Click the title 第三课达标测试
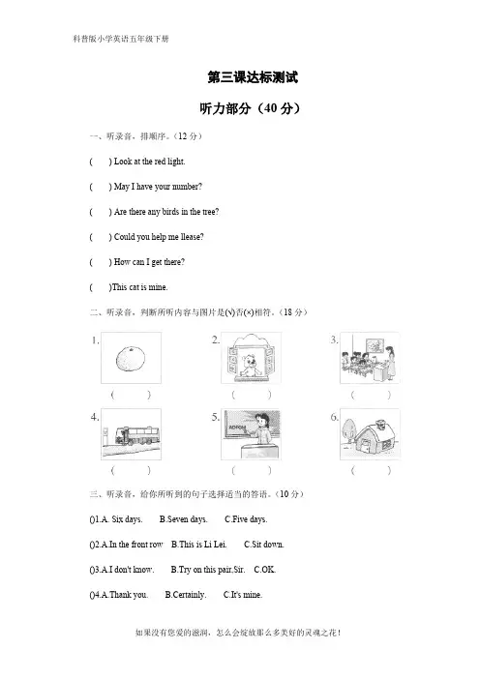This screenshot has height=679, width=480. click(x=253, y=77)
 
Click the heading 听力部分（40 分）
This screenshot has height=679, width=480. click(x=250, y=108)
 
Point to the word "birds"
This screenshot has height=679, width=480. click(x=170, y=212)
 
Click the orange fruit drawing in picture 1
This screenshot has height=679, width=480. click(x=130, y=359)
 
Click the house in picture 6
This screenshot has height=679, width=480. click(x=375, y=437)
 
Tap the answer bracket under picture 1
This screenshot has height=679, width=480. click(x=131, y=395)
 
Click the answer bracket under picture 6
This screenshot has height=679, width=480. click(x=371, y=470)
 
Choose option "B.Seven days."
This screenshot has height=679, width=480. click(x=183, y=519)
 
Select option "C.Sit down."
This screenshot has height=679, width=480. click(x=264, y=545)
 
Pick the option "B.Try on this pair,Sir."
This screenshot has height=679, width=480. click(x=208, y=570)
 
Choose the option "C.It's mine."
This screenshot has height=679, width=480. click(x=243, y=595)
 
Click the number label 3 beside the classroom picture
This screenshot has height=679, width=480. click(x=334, y=339)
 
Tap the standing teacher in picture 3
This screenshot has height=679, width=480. click(x=391, y=362)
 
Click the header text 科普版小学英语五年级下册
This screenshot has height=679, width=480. click(x=121, y=39)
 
